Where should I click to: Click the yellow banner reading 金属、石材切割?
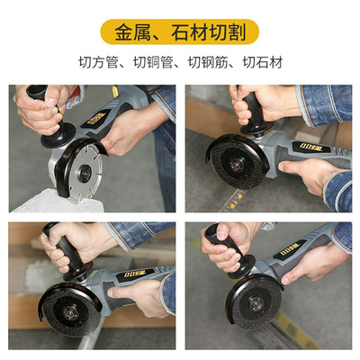[x=180, y=33]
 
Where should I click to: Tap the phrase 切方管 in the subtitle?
[x=98, y=65]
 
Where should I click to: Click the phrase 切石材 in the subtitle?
[x=263, y=65]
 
